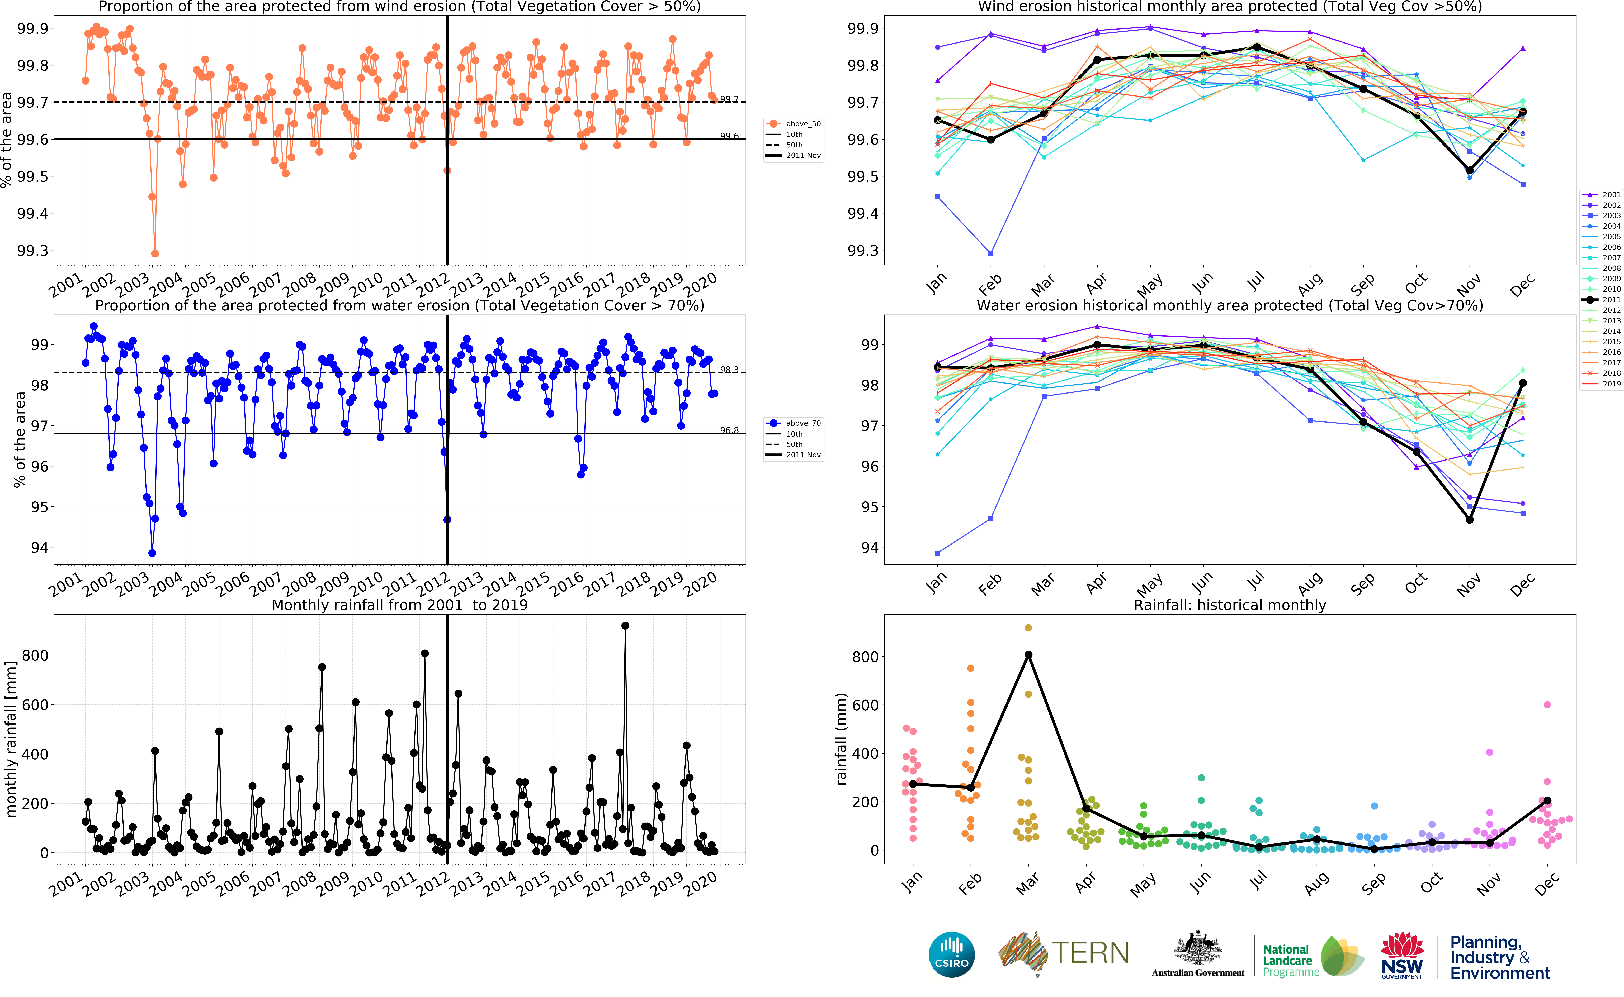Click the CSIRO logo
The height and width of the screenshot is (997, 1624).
[x=951, y=955]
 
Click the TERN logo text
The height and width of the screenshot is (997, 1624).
[x=1090, y=953]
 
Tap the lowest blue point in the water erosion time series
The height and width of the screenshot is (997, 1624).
[x=152, y=553]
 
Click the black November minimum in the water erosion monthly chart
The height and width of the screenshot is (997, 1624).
[x=1470, y=520]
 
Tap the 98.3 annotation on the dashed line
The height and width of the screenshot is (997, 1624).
[x=729, y=370]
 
